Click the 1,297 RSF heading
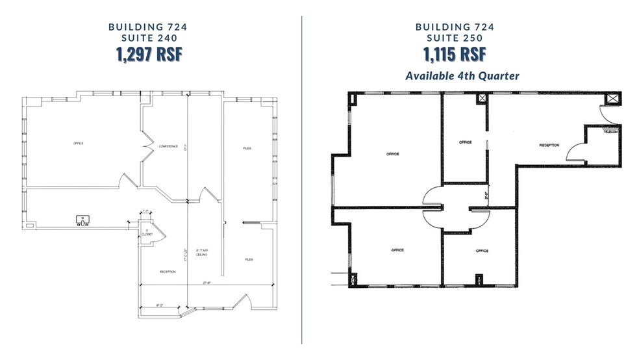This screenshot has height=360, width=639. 149,55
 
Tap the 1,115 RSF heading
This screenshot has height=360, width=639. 462,55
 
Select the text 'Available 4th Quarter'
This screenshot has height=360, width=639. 462,76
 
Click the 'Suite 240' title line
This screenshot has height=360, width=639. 149,38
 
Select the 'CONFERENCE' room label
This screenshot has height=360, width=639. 168,146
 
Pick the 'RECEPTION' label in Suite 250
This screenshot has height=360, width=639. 549,146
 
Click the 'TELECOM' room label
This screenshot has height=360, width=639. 610,131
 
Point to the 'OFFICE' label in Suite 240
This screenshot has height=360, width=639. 79,143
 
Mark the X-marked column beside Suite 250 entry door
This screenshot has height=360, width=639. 612,99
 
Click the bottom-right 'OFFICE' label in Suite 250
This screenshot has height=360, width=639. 481,251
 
